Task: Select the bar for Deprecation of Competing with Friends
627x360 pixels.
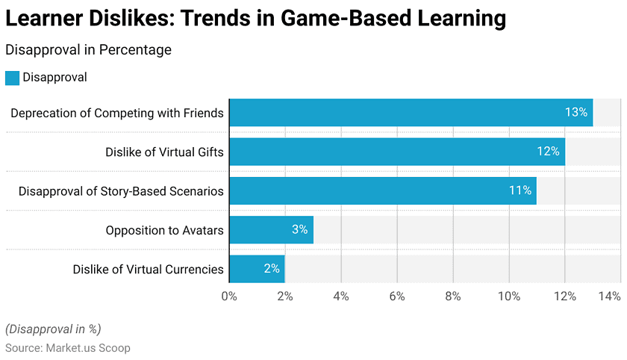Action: pos(411,113)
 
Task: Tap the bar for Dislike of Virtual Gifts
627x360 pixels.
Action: pos(396,152)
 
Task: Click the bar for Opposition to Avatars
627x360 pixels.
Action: pos(271,230)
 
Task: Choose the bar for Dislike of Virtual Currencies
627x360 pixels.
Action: pos(257,269)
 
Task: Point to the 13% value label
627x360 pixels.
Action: pos(576,113)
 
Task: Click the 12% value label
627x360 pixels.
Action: pos(548,152)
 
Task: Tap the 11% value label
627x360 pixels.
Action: pos(520,190)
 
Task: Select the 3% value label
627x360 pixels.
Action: pos(300,230)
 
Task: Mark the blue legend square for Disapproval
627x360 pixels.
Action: pos(12,77)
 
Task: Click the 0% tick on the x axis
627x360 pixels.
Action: pos(229,297)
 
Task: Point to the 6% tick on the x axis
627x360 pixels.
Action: pos(397,297)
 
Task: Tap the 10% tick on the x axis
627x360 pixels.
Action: pos(509,297)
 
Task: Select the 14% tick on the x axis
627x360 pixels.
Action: pos(609,297)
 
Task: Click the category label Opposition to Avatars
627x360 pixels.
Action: pos(164,231)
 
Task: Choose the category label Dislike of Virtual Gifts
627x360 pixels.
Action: pos(164,152)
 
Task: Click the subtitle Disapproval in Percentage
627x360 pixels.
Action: pos(88,50)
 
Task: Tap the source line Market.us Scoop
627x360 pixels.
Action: pos(68,348)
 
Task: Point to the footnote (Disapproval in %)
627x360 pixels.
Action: pos(53,329)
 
